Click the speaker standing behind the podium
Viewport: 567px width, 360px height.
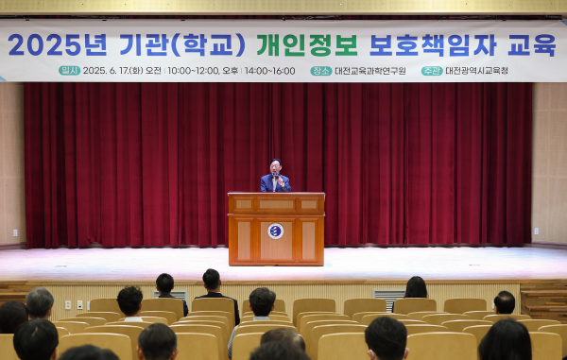pyautogui.click(x=275, y=177)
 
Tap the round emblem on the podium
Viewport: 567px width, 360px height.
pyautogui.click(x=276, y=231)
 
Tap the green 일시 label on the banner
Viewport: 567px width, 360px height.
pyautogui.click(x=69, y=71)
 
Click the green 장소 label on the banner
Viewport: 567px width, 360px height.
pyautogui.click(x=320, y=71)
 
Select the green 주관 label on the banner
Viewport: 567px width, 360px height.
pyautogui.click(x=432, y=71)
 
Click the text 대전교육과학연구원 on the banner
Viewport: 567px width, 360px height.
pyautogui.click(x=370, y=71)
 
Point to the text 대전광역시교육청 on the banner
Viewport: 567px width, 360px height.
pyautogui.click(x=476, y=71)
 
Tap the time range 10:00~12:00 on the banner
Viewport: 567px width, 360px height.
pyautogui.click(x=193, y=71)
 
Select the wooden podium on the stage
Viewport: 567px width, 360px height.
pyautogui.click(x=276, y=229)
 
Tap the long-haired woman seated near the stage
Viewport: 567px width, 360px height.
pyautogui.click(x=416, y=288)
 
